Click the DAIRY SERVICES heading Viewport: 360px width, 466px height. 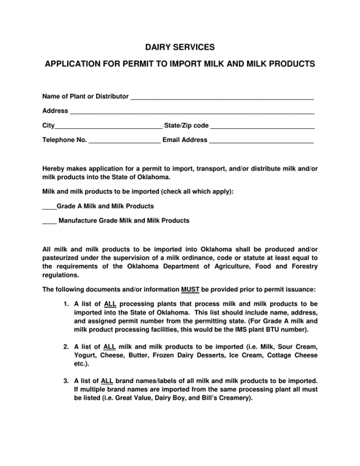180,47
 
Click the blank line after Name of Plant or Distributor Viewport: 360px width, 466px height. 223,98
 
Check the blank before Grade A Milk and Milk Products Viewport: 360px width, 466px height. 49,208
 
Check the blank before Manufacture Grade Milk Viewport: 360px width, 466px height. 49,221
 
